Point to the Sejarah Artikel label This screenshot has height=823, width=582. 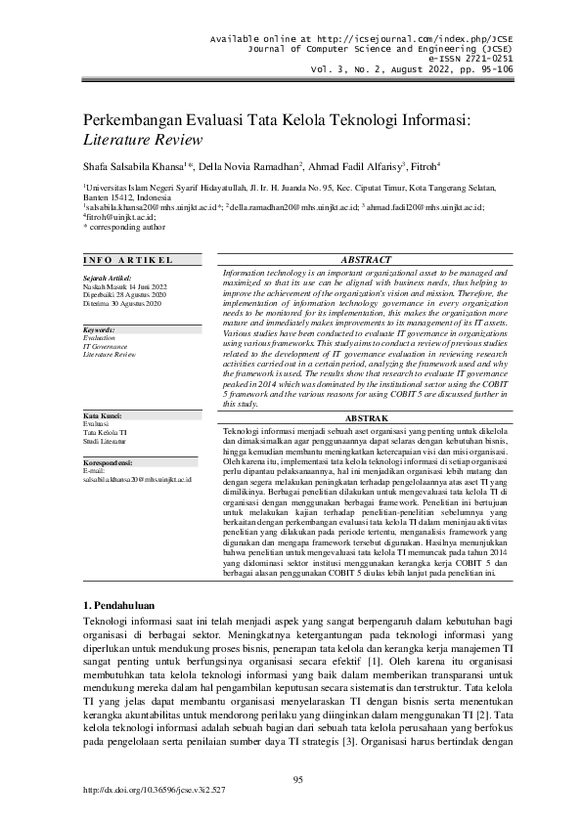coord(107,277)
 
